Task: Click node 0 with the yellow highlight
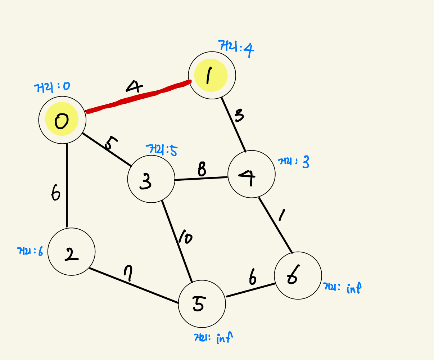(x=62, y=120)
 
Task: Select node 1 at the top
(x=212, y=75)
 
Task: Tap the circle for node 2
(x=71, y=252)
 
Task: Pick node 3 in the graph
(x=151, y=179)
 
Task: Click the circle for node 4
(x=252, y=174)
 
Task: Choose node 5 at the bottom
(x=202, y=304)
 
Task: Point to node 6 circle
(x=298, y=275)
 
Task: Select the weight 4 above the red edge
(x=134, y=87)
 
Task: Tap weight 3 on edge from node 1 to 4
(x=239, y=116)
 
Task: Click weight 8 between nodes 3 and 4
(x=202, y=169)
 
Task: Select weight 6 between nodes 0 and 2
(x=55, y=194)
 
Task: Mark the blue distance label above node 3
(x=162, y=149)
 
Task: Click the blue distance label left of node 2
(x=30, y=251)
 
